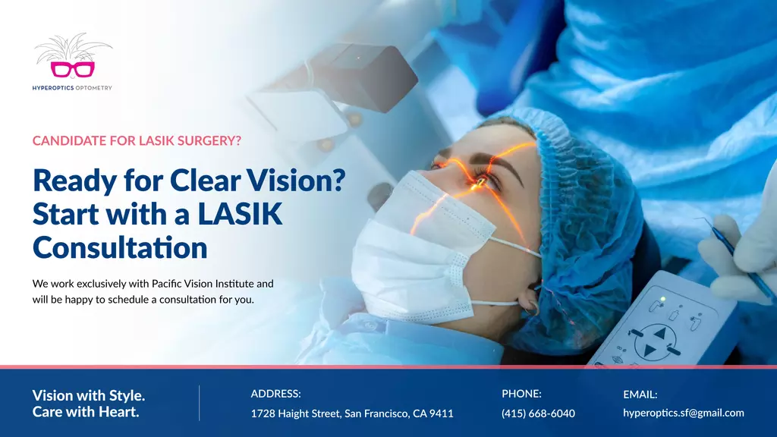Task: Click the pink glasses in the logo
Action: [x=72, y=69]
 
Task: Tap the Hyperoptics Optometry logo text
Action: [x=72, y=88]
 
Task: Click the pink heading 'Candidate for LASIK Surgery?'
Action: [x=137, y=140]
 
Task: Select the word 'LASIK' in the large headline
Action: [x=240, y=213]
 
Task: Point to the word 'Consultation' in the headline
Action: [x=120, y=247]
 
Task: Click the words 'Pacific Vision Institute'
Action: [x=203, y=284]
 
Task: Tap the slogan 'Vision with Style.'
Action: [x=89, y=395]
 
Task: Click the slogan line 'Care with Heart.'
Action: [x=86, y=412]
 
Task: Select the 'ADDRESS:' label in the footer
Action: [x=276, y=394]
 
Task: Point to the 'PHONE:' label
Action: [x=522, y=394]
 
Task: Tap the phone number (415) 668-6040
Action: [x=538, y=413]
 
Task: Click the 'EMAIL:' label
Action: [x=640, y=395]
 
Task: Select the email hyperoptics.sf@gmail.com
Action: [x=684, y=413]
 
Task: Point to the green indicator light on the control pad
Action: [x=662, y=299]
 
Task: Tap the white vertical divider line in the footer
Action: [x=200, y=403]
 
